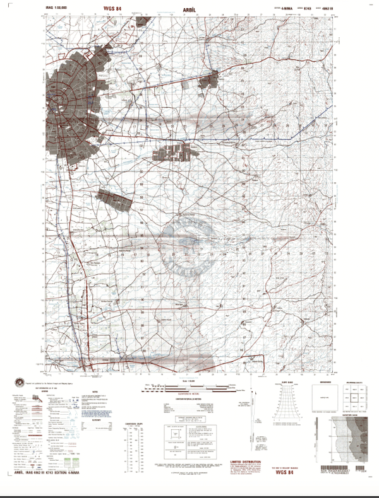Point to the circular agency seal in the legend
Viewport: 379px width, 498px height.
(x=25, y=383)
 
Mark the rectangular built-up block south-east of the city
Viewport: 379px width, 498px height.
(x=178, y=153)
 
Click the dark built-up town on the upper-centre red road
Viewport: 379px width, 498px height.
(x=209, y=81)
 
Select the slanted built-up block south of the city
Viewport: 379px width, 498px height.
(x=116, y=199)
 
